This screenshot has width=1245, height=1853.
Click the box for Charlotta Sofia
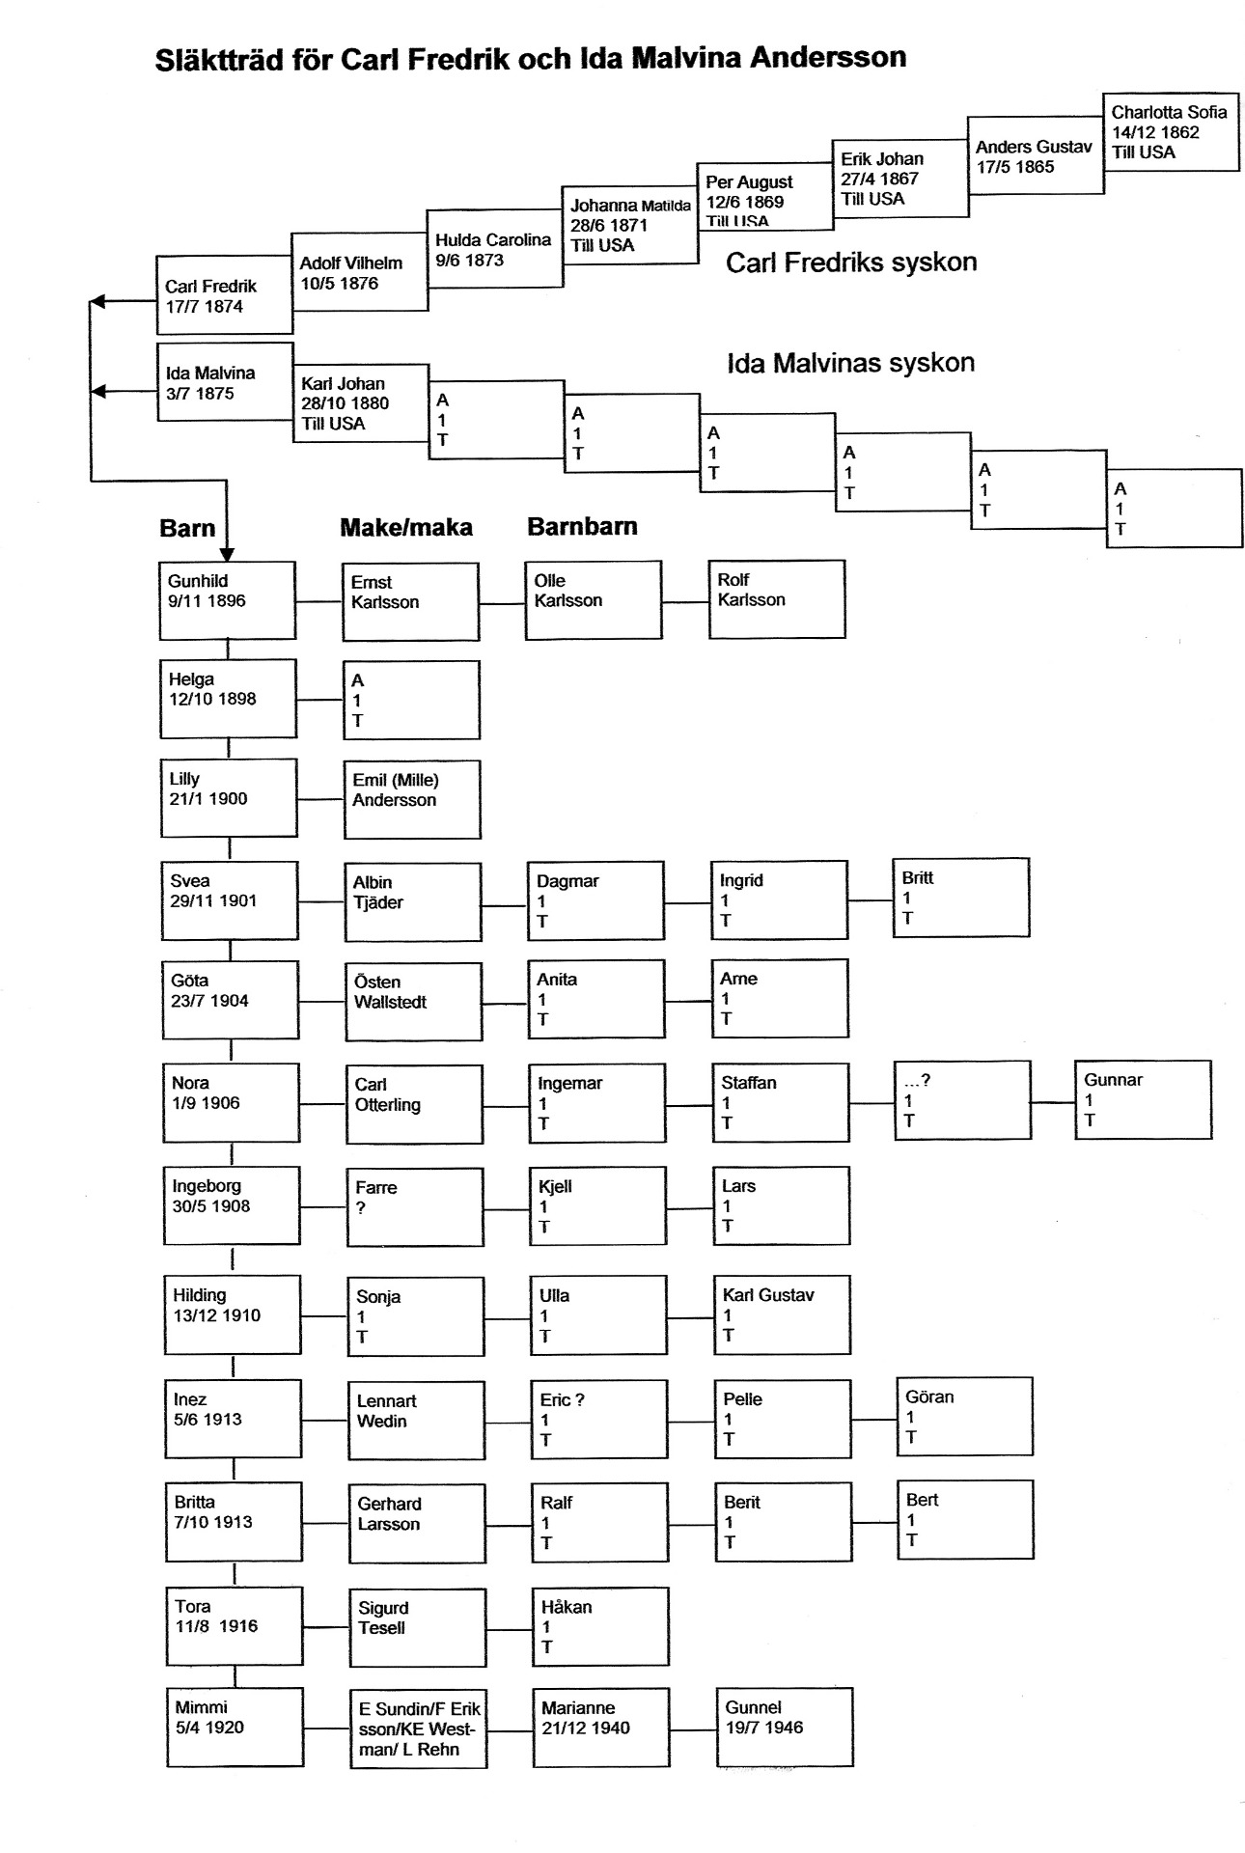click(x=1170, y=132)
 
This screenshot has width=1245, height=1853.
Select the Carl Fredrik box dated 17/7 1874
click(x=224, y=295)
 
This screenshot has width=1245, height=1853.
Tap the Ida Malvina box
click(x=224, y=382)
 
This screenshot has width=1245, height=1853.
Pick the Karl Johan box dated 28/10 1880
click(x=360, y=403)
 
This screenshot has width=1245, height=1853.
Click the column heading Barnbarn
click(x=582, y=527)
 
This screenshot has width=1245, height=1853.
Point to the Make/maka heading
click(x=405, y=528)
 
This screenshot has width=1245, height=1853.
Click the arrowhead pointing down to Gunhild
click(x=227, y=554)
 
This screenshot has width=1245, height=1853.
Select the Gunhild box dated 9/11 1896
click(x=227, y=601)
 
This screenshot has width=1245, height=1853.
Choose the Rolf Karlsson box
click(x=776, y=599)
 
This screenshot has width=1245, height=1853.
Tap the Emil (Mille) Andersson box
click(x=412, y=799)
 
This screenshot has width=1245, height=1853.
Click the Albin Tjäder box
click(x=412, y=901)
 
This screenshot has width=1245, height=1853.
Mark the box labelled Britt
click(x=960, y=898)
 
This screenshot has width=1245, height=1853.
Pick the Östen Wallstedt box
click(x=413, y=1001)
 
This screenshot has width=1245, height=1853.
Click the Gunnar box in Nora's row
click(x=1143, y=1100)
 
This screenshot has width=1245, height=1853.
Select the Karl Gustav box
click(x=782, y=1314)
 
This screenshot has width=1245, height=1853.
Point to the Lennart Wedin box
click(x=416, y=1420)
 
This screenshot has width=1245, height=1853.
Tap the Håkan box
click(x=599, y=1626)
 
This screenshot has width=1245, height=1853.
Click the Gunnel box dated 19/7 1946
click(x=784, y=1728)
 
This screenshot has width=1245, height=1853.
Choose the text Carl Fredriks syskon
click(x=850, y=263)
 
